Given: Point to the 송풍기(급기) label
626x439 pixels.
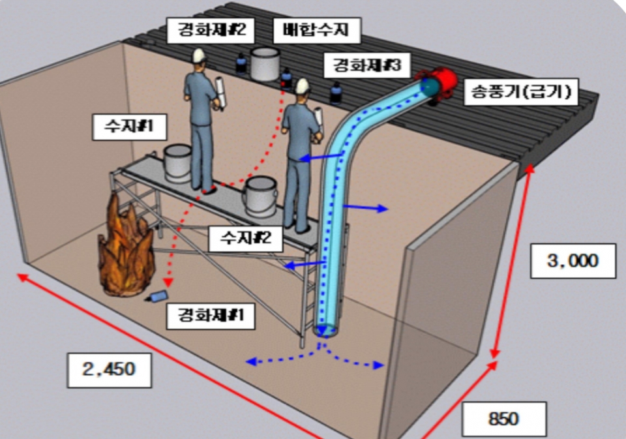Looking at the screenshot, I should tap(520, 93).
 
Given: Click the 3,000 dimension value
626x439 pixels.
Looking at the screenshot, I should tap(572, 260).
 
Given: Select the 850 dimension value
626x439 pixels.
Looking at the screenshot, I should tap(503, 418).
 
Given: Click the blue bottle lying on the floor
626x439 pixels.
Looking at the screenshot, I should tap(157, 297).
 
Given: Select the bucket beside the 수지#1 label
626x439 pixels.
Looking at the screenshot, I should tap(176, 163).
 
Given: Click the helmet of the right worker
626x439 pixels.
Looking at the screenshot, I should tap(301, 85).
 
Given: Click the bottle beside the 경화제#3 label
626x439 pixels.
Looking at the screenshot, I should tap(335, 93).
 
